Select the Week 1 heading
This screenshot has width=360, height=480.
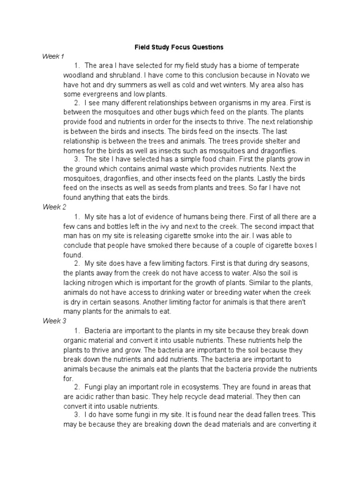[x=53, y=56]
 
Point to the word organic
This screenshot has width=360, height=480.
[x=77, y=340]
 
